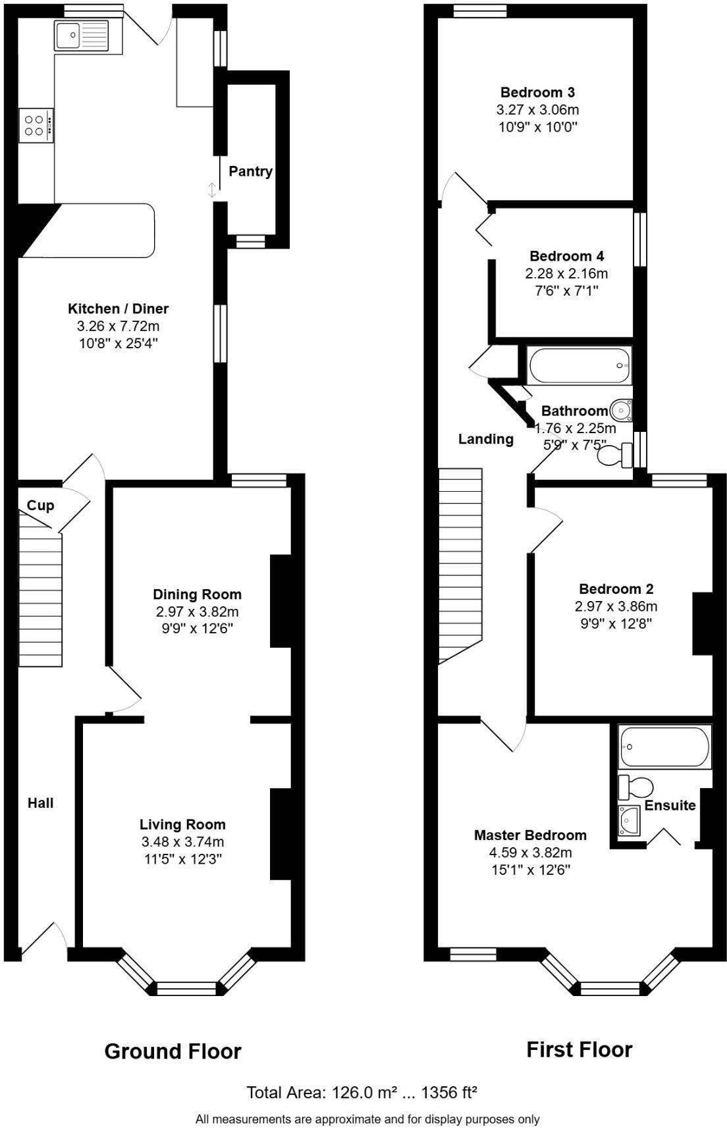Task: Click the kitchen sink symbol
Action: coord(82,35)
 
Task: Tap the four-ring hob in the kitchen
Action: coord(36,126)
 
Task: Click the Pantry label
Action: coord(250,172)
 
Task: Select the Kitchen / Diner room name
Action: coord(119,309)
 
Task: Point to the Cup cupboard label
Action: coord(41,506)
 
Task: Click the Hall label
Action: coord(41,803)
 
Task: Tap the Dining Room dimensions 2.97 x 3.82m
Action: coord(197,612)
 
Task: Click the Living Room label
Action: coord(182,824)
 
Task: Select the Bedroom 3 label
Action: coord(537,93)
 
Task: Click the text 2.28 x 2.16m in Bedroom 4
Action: coord(566,273)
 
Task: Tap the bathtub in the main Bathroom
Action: coord(579,365)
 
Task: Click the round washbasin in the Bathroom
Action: coord(621,411)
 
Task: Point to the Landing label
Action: coord(486,439)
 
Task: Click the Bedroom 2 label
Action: coord(616,589)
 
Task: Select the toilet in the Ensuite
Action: coord(636,786)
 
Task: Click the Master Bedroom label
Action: coord(530,835)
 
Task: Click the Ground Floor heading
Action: coord(173,1051)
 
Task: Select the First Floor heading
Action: coord(579,1049)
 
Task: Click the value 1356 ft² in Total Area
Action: coord(448,1093)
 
